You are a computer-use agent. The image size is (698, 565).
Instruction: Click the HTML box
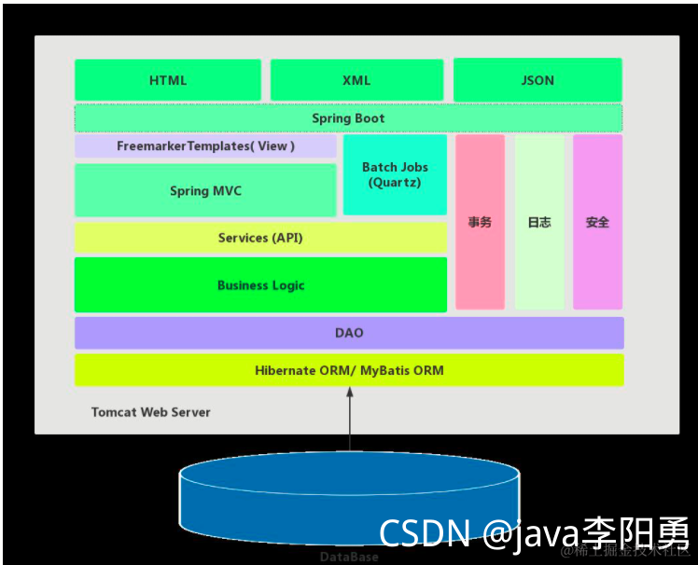click(168, 80)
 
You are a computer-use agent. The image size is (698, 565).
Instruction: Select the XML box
click(356, 80)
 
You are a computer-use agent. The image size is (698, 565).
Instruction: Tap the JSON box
click(537, 80)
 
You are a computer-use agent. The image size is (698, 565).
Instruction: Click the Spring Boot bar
click(348, 118)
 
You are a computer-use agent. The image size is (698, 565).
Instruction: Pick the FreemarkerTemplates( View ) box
click(205, 146)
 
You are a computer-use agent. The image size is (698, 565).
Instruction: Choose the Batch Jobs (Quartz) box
click(395, 174)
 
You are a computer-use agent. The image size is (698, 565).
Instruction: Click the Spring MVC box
click(205, 190)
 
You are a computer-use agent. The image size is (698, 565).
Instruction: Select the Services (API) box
click(260, 238)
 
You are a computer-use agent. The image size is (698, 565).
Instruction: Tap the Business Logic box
click(260, 285)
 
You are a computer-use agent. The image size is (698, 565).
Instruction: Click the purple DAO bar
click(349, 333)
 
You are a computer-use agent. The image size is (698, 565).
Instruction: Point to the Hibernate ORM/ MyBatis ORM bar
click(349, 370)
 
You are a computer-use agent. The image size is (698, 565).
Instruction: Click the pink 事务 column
click(480, 222)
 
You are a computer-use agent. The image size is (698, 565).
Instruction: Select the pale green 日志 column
click(539, 222)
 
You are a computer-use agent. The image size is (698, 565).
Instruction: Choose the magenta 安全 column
click(597, 222)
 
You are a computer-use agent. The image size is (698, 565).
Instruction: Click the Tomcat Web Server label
click(150, 412)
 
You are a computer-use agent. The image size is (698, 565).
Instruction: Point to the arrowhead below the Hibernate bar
click(350, 394)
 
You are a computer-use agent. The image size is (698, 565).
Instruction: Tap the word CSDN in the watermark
click(425, 533)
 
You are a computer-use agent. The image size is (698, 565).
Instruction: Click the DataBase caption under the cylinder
click(349, 557)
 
